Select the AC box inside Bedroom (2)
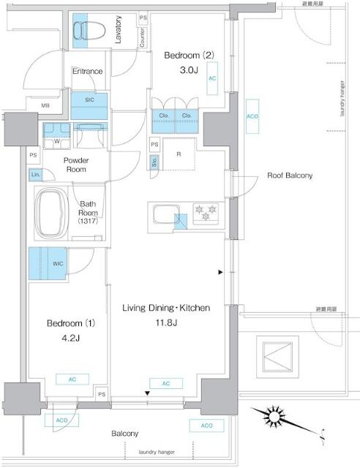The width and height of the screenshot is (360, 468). pos(211,78)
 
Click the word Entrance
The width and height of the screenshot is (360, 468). pos(87,71)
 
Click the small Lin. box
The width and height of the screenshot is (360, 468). pos(35,174)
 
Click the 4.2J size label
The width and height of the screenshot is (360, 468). pos(59,338)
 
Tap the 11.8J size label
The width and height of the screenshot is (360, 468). pos(166,324)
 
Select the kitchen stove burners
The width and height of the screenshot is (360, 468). pos(205,212)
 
